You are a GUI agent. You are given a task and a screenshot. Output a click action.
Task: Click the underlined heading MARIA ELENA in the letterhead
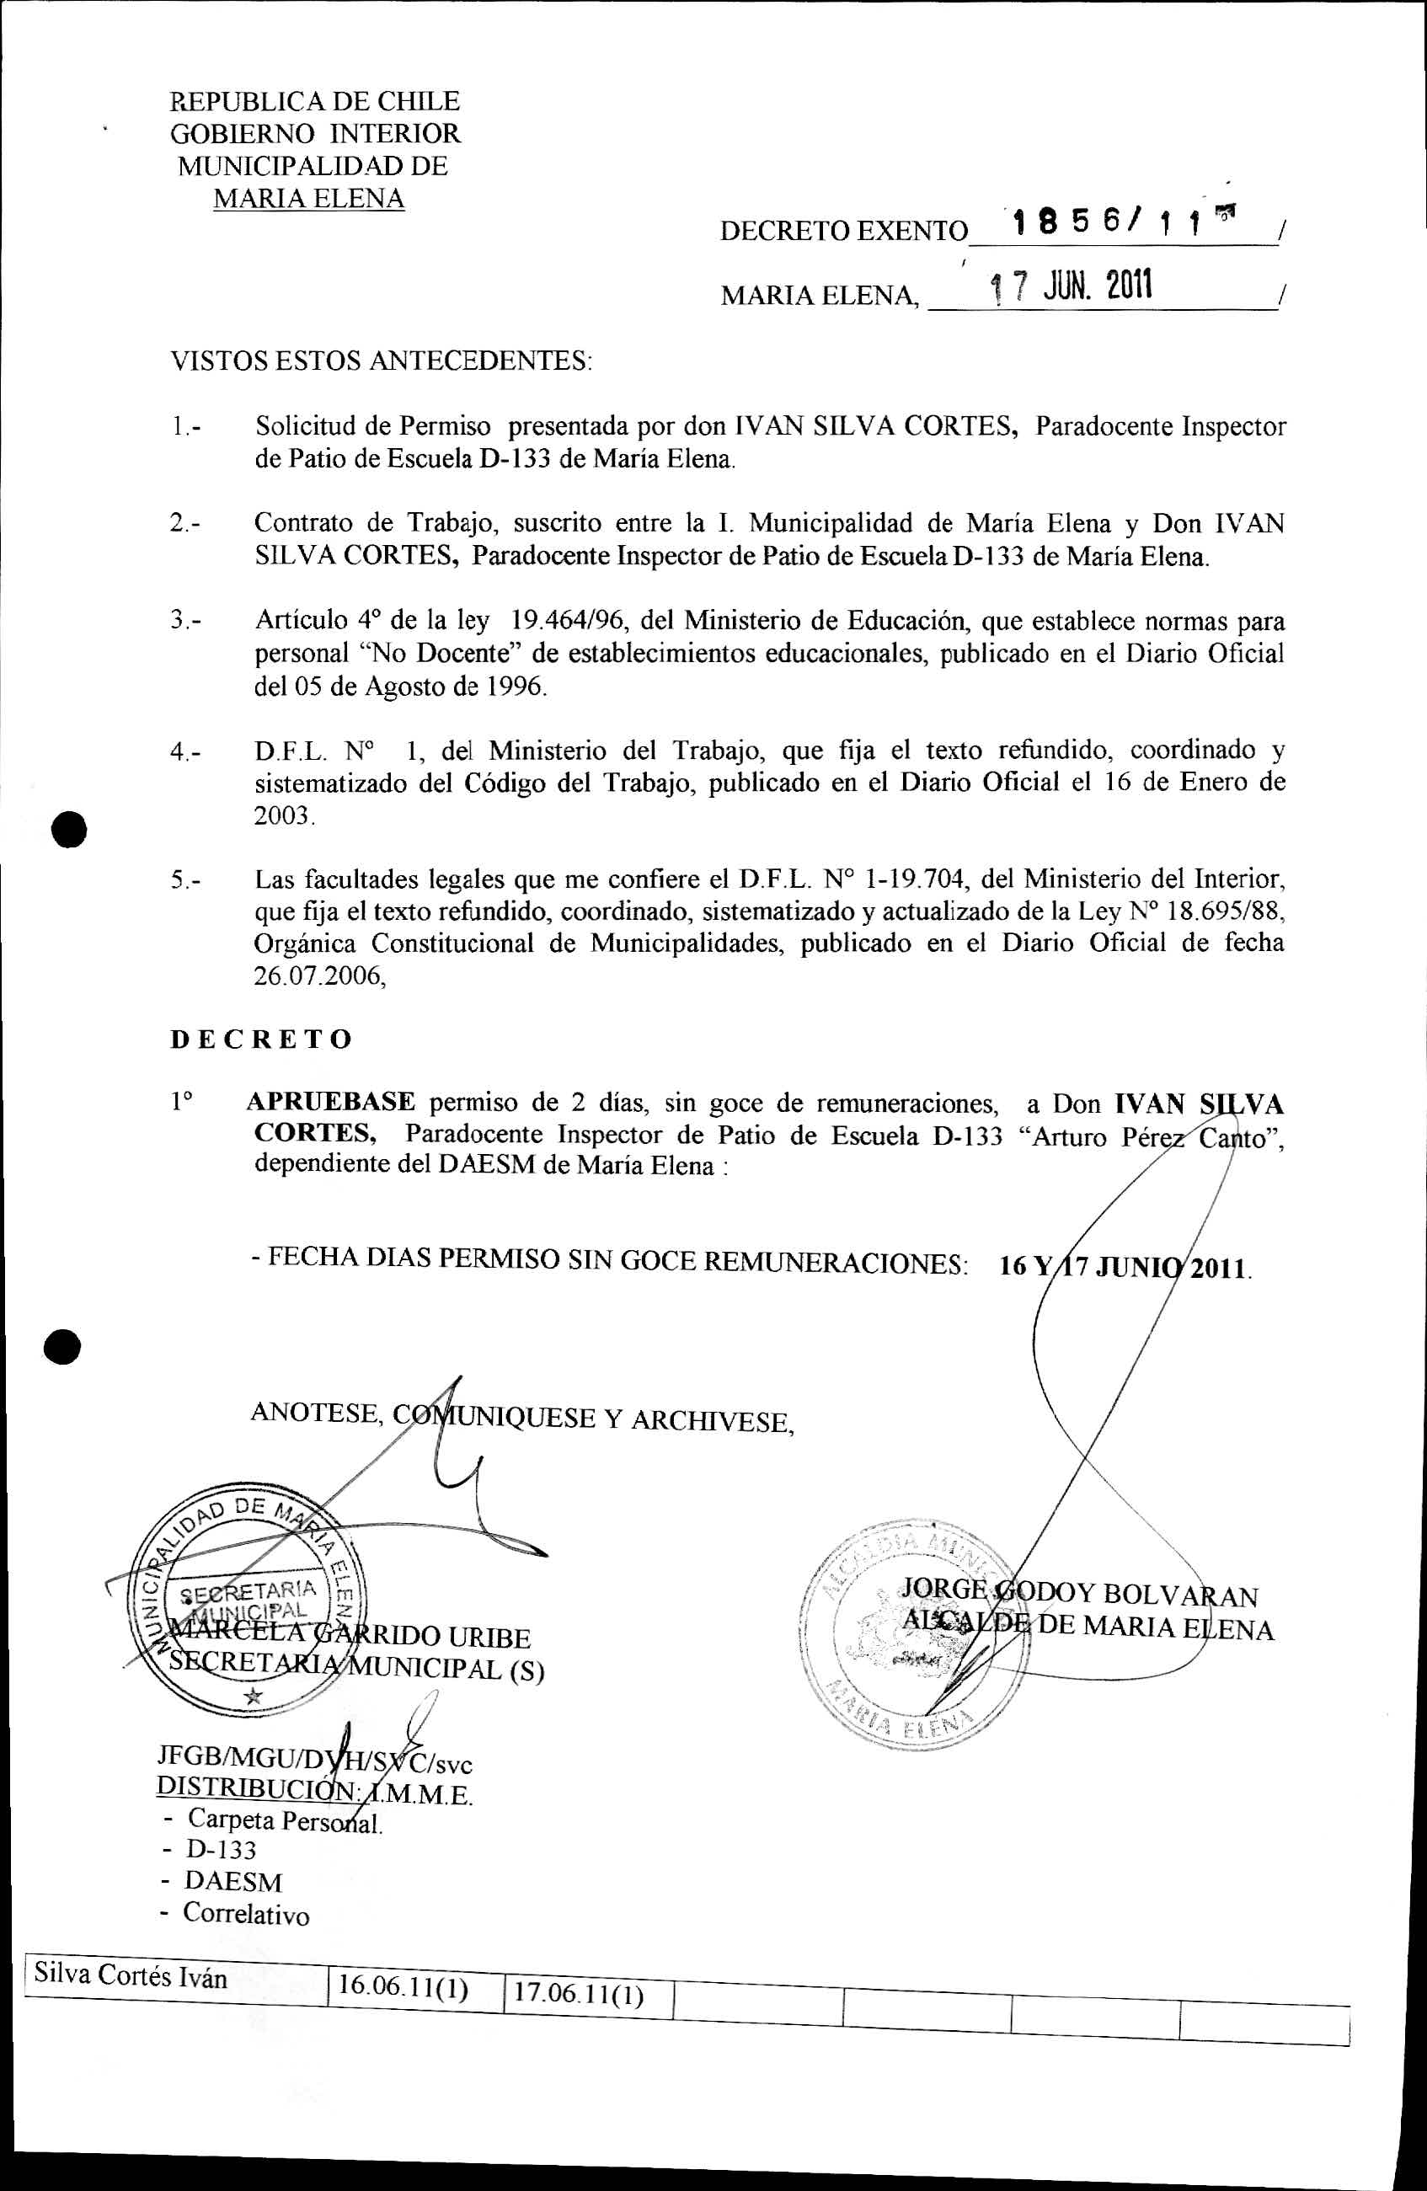tap(308, 199)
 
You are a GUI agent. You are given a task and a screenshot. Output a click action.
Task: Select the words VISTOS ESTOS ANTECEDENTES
tap(381, 360)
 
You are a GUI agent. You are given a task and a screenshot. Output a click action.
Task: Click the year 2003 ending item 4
tap(283, 815)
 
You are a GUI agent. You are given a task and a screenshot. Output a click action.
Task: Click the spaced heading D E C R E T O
tap(261, 1039)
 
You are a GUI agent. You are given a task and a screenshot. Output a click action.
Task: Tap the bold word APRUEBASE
tap(330, 1101)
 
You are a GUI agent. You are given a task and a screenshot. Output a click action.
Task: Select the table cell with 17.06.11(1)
tap(578, 1993)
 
